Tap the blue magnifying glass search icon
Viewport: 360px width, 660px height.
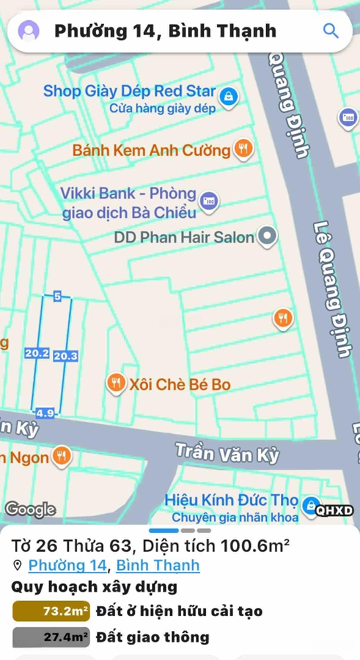pos(331,31)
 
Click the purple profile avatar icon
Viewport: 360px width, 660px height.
pos(29,31)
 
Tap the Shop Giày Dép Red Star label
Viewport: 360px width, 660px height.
pos(129,92)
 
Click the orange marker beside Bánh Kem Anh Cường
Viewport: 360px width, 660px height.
pos(243,148)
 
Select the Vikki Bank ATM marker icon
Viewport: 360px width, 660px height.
pos(210,200)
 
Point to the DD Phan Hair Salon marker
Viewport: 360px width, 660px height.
pos(267,236)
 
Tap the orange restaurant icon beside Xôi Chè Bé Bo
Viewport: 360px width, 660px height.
pos(116,383)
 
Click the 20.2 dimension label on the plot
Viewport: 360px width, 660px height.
pos(37,353)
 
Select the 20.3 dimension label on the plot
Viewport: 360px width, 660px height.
pos(65,356)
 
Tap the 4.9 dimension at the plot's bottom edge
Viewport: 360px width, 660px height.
pos(45,413)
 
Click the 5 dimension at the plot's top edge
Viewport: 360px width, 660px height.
pos(57,296)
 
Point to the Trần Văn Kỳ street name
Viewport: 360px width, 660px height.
pos(227,453)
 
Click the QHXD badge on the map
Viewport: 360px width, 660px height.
pos(334,511)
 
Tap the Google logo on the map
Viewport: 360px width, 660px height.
pos(30,509)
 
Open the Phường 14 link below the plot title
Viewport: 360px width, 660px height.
pos(67,565)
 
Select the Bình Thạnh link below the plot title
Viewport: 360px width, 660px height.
pos(158,565)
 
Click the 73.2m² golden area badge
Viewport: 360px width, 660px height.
pos(51,611)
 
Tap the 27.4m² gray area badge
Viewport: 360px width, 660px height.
pos(51,637)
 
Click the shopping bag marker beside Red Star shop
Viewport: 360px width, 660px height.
pos(229,96)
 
